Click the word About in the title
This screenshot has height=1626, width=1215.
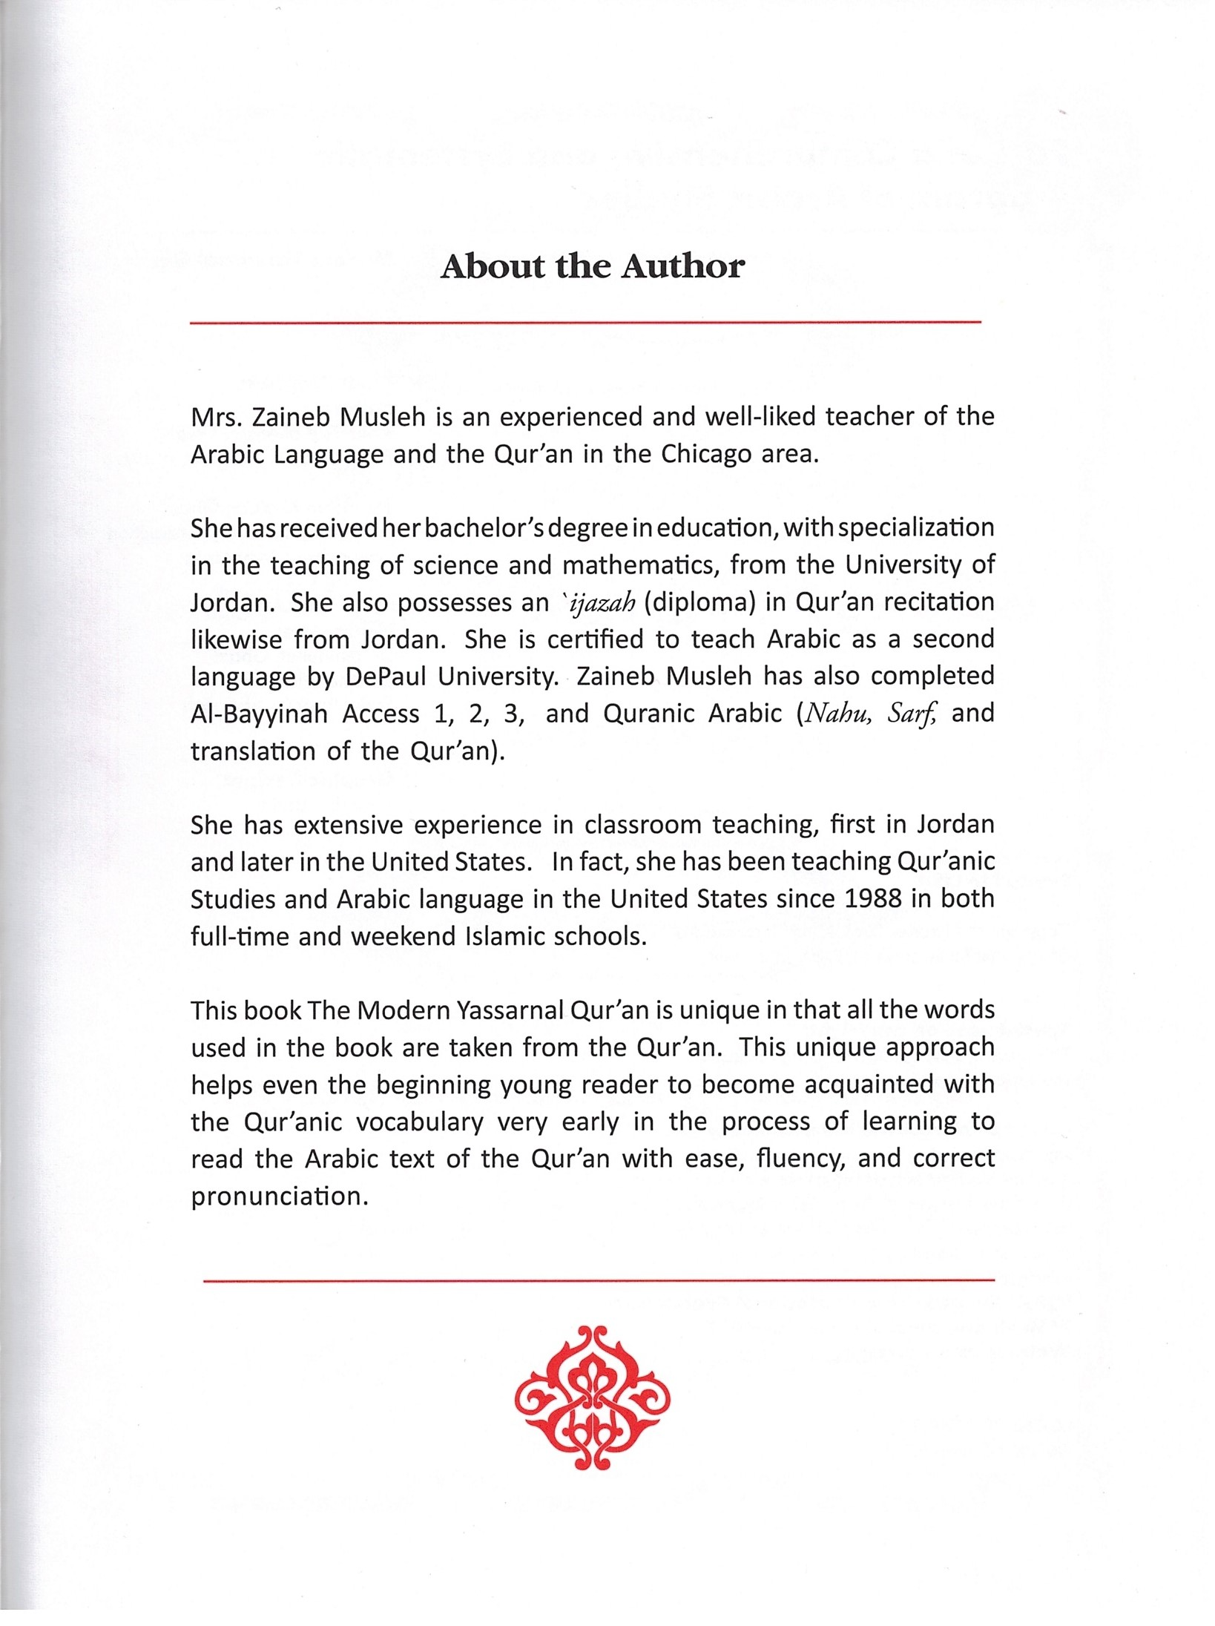point(493,267)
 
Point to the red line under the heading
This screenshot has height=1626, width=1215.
point(585,323)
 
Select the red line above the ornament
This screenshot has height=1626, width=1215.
point(598,1280)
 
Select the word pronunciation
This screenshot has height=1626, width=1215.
point(280,1197)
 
